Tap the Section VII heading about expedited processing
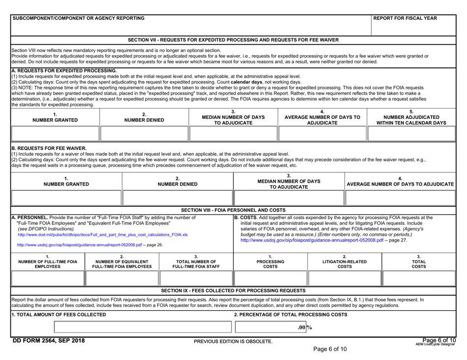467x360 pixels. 233,39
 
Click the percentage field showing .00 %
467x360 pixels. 270,328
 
